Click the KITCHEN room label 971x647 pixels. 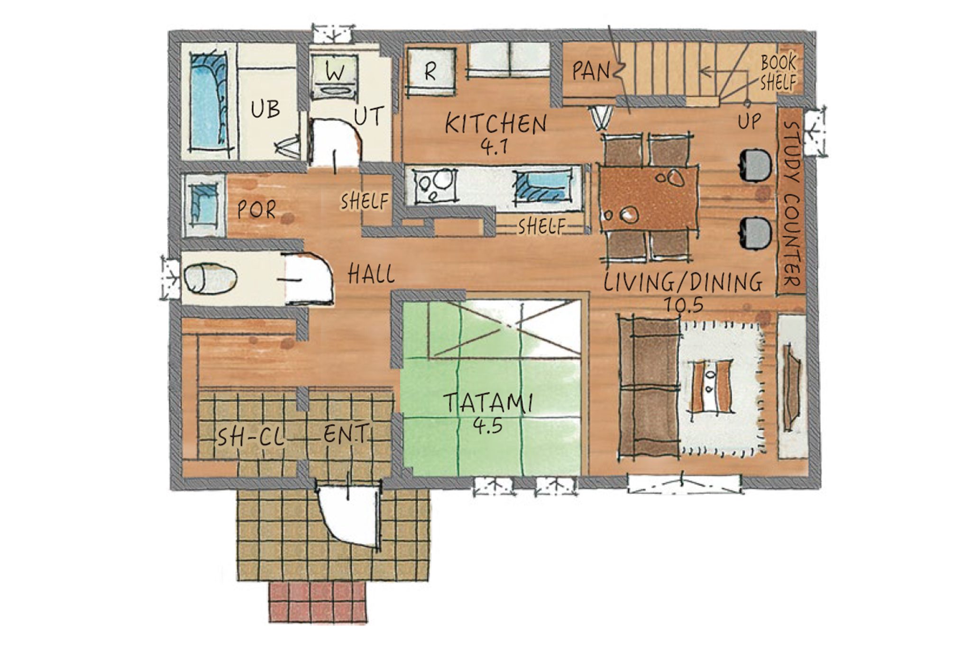tap(496, 124)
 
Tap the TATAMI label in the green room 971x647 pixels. tap(488, 403)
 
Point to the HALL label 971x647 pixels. tap(371, 274)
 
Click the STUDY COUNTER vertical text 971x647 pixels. tap(791, 206)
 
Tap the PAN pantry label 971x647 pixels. tap(591, 71)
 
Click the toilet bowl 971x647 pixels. tap(210, 278)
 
